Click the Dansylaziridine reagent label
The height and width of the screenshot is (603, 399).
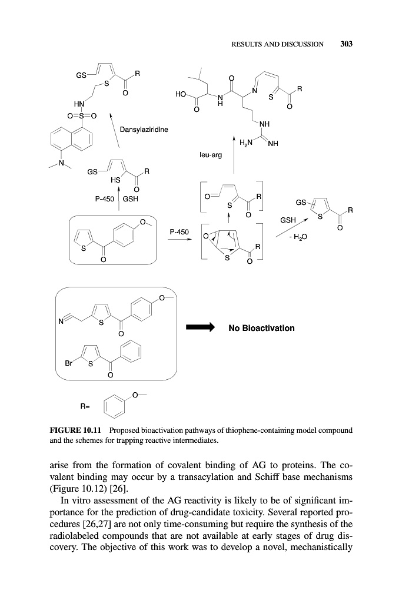(143, 129)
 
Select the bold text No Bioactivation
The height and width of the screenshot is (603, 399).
(261, 327)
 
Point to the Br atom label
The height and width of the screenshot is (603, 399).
(69, 363)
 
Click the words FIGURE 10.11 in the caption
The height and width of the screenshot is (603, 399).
(69, 430)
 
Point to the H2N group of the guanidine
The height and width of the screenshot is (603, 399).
(245, 142)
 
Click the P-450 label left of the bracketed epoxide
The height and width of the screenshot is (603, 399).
(179, 232)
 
